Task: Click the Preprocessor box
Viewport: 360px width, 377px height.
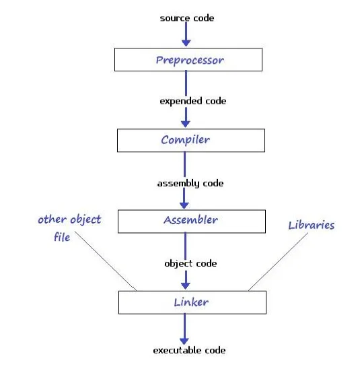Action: click(x=188, y=59)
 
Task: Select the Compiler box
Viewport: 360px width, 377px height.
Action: click(x=191, y=141)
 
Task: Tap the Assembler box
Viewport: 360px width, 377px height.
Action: click(x=192, y=221)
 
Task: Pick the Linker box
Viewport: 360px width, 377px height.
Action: click(x=192, y=302)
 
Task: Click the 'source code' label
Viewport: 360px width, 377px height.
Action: click(x=187, y=18)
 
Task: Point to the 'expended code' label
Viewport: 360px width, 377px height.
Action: click(x=193, y=101)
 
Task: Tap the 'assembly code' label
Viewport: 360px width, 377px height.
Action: click(x=190, y=183)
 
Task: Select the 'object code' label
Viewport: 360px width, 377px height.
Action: click(x=190, y=264)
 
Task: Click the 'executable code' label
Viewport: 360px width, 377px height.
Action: click(x=189, y=350)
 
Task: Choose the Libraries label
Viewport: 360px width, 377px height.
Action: click(x=312, y=226)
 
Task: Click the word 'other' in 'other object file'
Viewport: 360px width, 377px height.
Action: click(x=52, y=219)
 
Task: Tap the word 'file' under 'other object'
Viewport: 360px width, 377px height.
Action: click(x=62, y=237)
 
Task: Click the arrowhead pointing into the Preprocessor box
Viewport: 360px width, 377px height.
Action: click(x=186, y=43)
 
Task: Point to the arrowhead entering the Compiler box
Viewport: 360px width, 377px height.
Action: click(x=186, y=124)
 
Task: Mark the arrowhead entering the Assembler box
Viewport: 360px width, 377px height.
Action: click(x=184, y=205)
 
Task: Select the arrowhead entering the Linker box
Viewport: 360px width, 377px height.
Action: click(x=186, y=285)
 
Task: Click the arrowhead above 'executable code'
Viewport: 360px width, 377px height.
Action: click(x=184, y=341)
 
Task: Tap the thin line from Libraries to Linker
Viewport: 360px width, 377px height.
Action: click(x=279, y=262)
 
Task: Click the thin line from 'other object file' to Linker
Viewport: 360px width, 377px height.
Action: click(x=106, y=261)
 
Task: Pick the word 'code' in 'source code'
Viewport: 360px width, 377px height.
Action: click(x=204, y=18)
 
